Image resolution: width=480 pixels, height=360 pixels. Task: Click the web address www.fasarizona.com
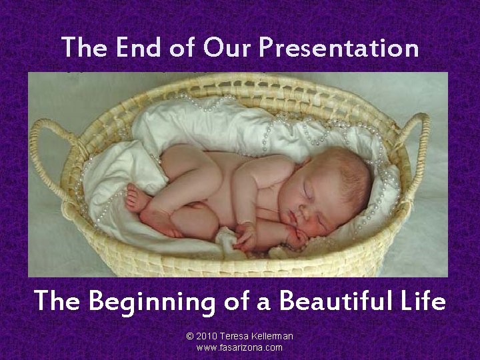239,348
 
